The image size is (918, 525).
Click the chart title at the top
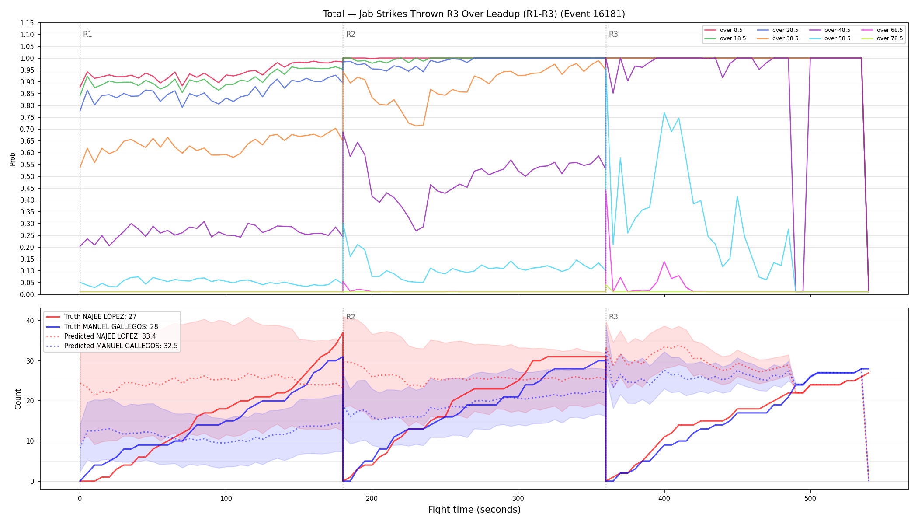pos(474,14)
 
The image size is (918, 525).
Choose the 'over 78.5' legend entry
pos(882,38)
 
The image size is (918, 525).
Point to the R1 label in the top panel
pos(87,34)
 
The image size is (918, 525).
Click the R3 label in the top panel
pos(613,34)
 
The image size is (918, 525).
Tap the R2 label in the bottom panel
pos(351,317)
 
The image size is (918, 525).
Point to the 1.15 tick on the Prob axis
pos(27,23)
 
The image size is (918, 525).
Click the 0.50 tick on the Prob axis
pos(27,176)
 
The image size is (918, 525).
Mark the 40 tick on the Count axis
pos(30,321)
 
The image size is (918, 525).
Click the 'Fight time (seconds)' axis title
pos(474,510)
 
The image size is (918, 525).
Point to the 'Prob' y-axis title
pos(13,159)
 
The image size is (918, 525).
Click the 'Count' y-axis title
pos(18,399)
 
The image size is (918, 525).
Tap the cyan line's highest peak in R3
pos(664,112)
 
